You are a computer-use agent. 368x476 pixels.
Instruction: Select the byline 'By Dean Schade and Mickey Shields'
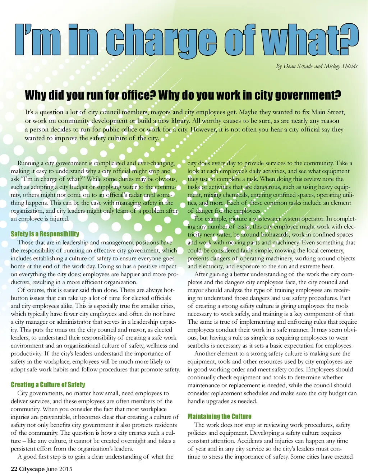tap(317, 66)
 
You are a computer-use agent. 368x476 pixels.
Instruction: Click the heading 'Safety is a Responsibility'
tap(45, 234)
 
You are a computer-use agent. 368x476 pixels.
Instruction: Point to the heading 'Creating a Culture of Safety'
tap(48, 384)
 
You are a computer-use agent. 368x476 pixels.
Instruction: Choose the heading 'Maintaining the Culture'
tap(219, 416)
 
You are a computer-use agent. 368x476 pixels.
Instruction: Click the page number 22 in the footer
tap(14, 469)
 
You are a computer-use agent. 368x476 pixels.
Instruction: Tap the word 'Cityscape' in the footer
tap(32, 469)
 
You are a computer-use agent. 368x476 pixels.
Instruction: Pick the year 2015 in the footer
tap(65, 469)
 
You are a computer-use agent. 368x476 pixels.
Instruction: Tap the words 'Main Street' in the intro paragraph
tap(328, 112)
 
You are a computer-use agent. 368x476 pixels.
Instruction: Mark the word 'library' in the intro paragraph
tap(179, 121)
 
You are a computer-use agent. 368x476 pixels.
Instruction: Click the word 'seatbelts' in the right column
tap(199, 346)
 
